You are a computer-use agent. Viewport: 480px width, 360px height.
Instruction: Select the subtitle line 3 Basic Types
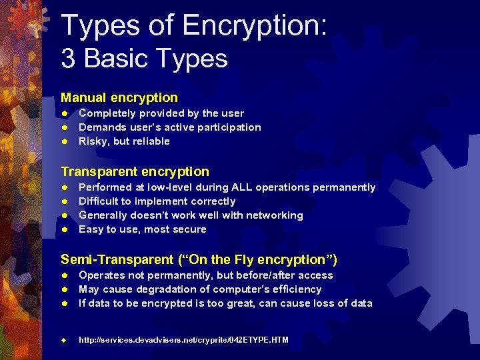pyautogui.click(x=144, y=59)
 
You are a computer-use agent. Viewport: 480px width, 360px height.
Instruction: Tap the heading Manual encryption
pyautogui.click(x=119, y=98)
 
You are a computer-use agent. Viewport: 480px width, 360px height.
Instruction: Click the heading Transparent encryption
pyautogui.click(x=135, y=171)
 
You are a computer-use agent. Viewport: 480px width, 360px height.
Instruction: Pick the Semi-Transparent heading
pyautogui.click(x=199, y=259)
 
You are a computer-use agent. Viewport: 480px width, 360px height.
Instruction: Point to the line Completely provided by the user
pyautogui.click(x=161, y=113)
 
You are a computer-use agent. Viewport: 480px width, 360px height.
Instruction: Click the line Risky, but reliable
pyautogui.click(x=124, y=141)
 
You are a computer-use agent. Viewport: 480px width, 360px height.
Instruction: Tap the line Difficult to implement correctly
pyautogui.click(x=157, y=201)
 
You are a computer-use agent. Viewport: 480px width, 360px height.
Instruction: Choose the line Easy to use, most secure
pyautogui.click(x=142, y=229)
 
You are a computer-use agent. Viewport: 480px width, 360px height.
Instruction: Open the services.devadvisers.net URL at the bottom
pyautogui.click(x=183, y=340)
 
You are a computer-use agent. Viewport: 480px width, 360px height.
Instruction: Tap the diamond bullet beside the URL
pyautogui.click(x=65, y=340)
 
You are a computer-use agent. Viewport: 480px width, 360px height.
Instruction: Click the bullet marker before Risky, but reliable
pyautogui.click(x=65, y=141)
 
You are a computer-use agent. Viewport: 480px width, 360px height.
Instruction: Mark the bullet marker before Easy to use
pyautogui.click(x=65, y=229)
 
